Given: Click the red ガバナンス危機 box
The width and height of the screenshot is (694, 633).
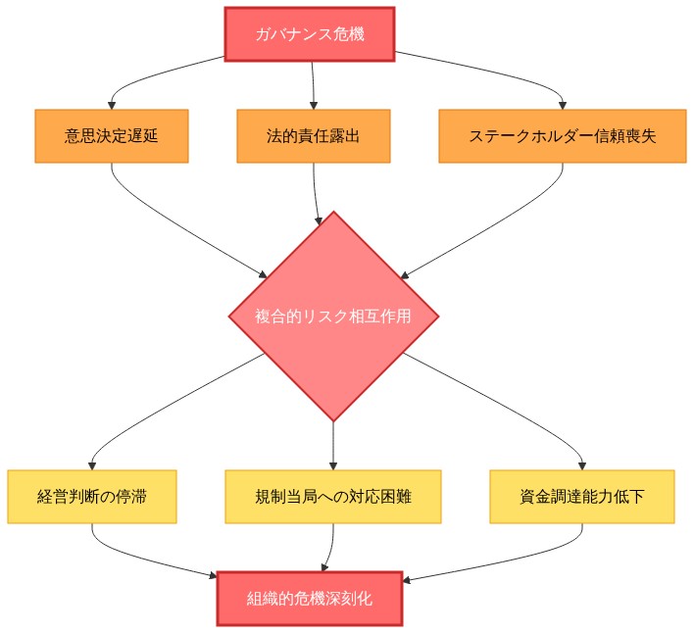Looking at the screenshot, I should click(309, 34).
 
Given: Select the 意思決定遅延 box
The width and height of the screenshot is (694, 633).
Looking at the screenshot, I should click(111, 135).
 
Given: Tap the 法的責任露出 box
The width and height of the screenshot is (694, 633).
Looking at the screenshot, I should click(314, 135).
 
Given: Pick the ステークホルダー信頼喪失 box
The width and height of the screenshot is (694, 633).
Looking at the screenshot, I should click(563, 135).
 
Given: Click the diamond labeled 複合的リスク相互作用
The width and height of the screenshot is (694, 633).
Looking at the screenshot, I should click(333, 316).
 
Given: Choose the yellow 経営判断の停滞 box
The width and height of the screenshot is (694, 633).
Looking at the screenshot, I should click(92, 497).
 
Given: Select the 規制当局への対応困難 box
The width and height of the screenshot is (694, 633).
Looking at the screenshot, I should click(333, 497).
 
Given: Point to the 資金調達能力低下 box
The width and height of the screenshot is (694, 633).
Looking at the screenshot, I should click(582, 497).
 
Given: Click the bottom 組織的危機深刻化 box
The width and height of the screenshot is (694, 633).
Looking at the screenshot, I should click(309, 598).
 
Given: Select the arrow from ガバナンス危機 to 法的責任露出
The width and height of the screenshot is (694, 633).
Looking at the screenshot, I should click(313, 83).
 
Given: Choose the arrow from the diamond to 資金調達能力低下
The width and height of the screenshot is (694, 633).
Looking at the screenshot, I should click(510, 407).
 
